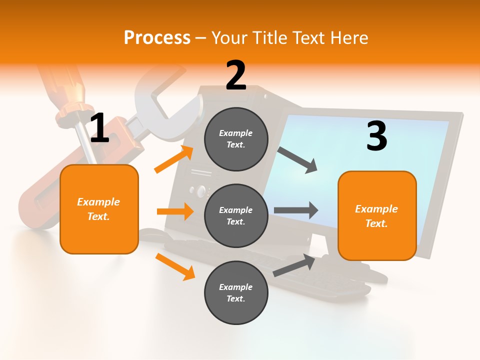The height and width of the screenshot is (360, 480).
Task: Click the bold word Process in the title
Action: [x=157, y=37]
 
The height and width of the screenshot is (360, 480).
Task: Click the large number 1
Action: [x=99, y=128]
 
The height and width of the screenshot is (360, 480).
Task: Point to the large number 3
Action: [x=376, y=136]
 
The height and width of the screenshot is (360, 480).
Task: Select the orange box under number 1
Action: [x=99, y=209]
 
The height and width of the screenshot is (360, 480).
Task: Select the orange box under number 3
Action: [x=377, y=215]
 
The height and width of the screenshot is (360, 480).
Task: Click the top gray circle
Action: [x=236, y=139]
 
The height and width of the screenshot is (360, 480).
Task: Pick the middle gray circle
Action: [x=236, y=215]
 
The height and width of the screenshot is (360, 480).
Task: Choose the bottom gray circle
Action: [x=236, y=292]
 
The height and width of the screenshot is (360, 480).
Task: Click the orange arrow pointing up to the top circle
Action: [x=174, y=159]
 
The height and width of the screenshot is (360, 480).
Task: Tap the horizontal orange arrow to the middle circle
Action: [x=175, y=211]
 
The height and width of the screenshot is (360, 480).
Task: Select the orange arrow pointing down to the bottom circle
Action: [x=175, y=266]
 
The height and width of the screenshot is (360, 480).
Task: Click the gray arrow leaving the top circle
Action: [x=297, y=159]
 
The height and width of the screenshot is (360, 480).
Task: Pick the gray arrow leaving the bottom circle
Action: [x=294, y=265]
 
